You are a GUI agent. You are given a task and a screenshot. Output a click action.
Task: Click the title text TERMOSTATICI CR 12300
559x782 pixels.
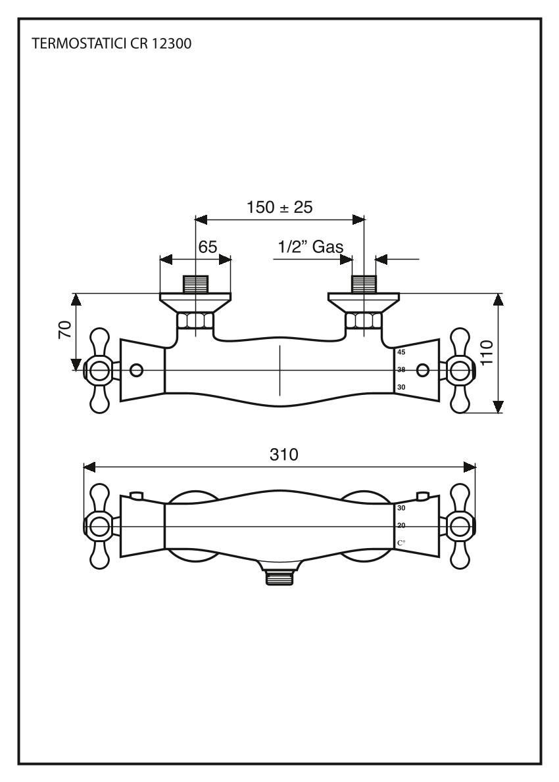tap(112, 45)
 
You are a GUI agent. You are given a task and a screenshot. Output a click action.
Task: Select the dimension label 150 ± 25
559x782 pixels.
tap(279, 207)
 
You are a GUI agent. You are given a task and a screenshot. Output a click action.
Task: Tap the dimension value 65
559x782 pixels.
tap(208, 247)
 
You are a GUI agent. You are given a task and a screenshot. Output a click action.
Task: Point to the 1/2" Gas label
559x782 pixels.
tap(310, 247)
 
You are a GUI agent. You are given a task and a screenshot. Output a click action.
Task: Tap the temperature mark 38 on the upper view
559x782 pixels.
tap(401, 370)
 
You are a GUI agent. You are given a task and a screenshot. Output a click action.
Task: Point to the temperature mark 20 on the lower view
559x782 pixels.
tap(401, 525)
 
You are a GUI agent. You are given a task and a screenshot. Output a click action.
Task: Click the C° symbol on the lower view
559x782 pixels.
tap(401, 543)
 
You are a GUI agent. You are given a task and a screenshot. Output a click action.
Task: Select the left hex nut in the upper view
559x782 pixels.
tap(195, 322)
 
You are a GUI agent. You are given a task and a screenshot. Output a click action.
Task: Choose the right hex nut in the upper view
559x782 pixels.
tap(364, 322)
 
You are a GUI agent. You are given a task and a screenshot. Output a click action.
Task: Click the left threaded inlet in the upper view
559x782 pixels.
tap(195, 284)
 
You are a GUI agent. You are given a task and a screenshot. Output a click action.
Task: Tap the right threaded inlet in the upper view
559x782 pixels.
tap(364, 284)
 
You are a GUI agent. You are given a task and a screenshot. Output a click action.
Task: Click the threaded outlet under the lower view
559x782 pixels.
tap(279, 578)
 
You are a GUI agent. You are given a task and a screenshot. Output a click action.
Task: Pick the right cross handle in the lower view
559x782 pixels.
tap(460, 526)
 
